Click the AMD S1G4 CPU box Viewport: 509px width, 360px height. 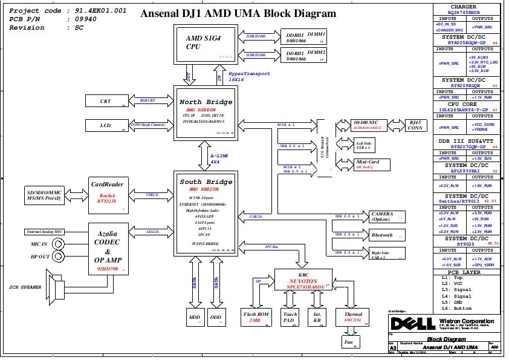pyautogui.click(x=203, y=43)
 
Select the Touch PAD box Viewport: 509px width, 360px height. pyautogui.click(x=290, y=318)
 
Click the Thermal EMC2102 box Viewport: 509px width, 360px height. pyautogui.click(x=354, y=318)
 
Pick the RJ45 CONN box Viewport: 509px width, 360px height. pyautogui.click(x=417, y=125)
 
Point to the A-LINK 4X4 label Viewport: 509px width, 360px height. pyautogui.click(x=215, y=159)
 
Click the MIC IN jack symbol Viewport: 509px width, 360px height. pyautogui.click(x=58, y=244)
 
